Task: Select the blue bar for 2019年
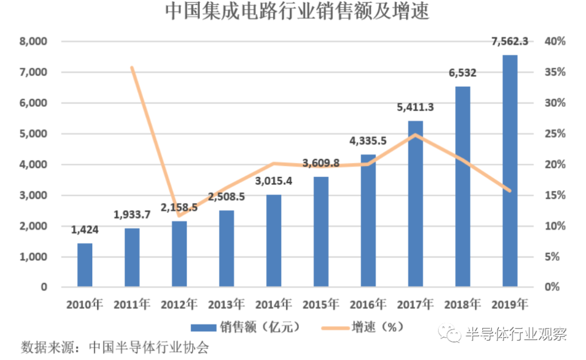pos(510,170)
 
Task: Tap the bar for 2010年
pos(85,265)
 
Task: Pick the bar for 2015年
pos(321,232)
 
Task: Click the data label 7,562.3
pos(509,41)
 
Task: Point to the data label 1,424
pos(85,230)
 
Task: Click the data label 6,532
pos(462,73)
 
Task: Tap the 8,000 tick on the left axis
pos(34,42)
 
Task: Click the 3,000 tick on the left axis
pos(34,196)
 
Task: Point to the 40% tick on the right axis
pos(556,42)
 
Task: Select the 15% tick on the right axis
pos(556,196)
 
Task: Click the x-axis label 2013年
pos(227,304)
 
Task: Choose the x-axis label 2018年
pos(463,304)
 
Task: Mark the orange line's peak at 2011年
pos(132,67)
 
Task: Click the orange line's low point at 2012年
pos(179,215)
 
